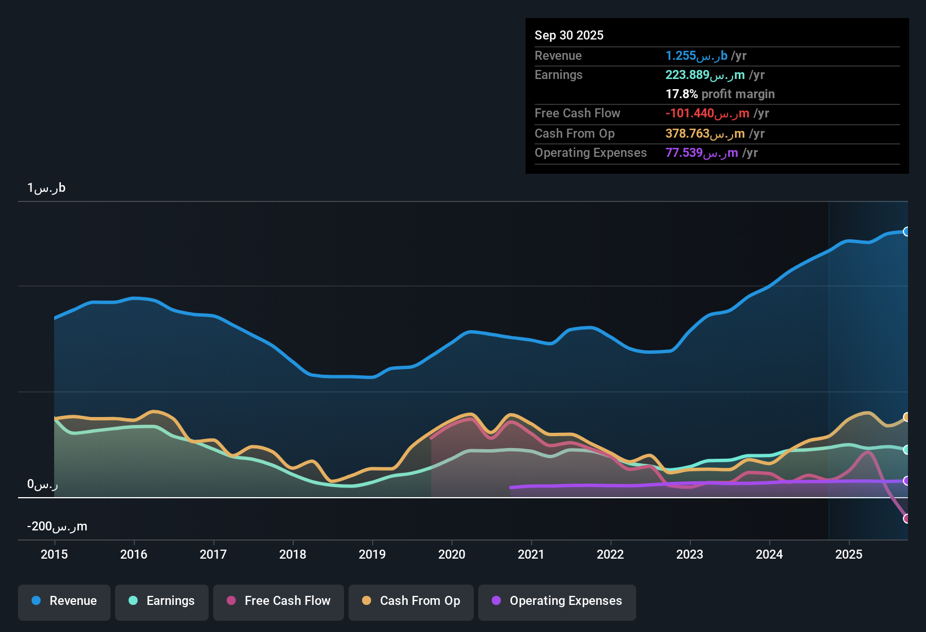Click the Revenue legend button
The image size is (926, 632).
click(x=64, y=601)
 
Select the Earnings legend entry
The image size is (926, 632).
click(x=162, y=601)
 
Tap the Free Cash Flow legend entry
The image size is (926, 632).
click(x=279, y=601)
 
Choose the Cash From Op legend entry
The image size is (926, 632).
click(x=411, y=601)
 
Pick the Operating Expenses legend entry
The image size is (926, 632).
click(x=557, y=601)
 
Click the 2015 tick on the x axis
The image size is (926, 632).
click(x=54, y=554)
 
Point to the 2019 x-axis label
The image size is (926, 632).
click(x=372, y=554)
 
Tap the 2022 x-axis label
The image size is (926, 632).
click(x=610, y=554)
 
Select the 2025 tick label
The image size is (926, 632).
click(x=849, y=554)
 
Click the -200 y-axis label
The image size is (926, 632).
click(x=57, y=526)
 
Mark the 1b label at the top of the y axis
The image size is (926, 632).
click(x=46, y=188)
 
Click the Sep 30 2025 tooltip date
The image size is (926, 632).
click(x=568, y=35)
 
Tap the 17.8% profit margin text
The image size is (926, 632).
click(x=720, y=94)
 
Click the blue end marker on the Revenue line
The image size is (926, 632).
click(x=906, y=231)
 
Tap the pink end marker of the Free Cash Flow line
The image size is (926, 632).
click(x=906, y=518)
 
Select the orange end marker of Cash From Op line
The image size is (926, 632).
click(x=906, y=417)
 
